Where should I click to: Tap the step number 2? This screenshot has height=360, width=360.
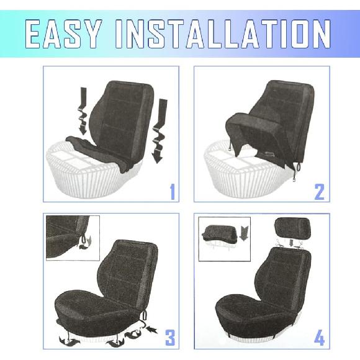coord(319,192)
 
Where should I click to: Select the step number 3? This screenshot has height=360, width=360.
coord(169,338)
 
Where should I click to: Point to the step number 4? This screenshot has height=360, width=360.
coord(319,338)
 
